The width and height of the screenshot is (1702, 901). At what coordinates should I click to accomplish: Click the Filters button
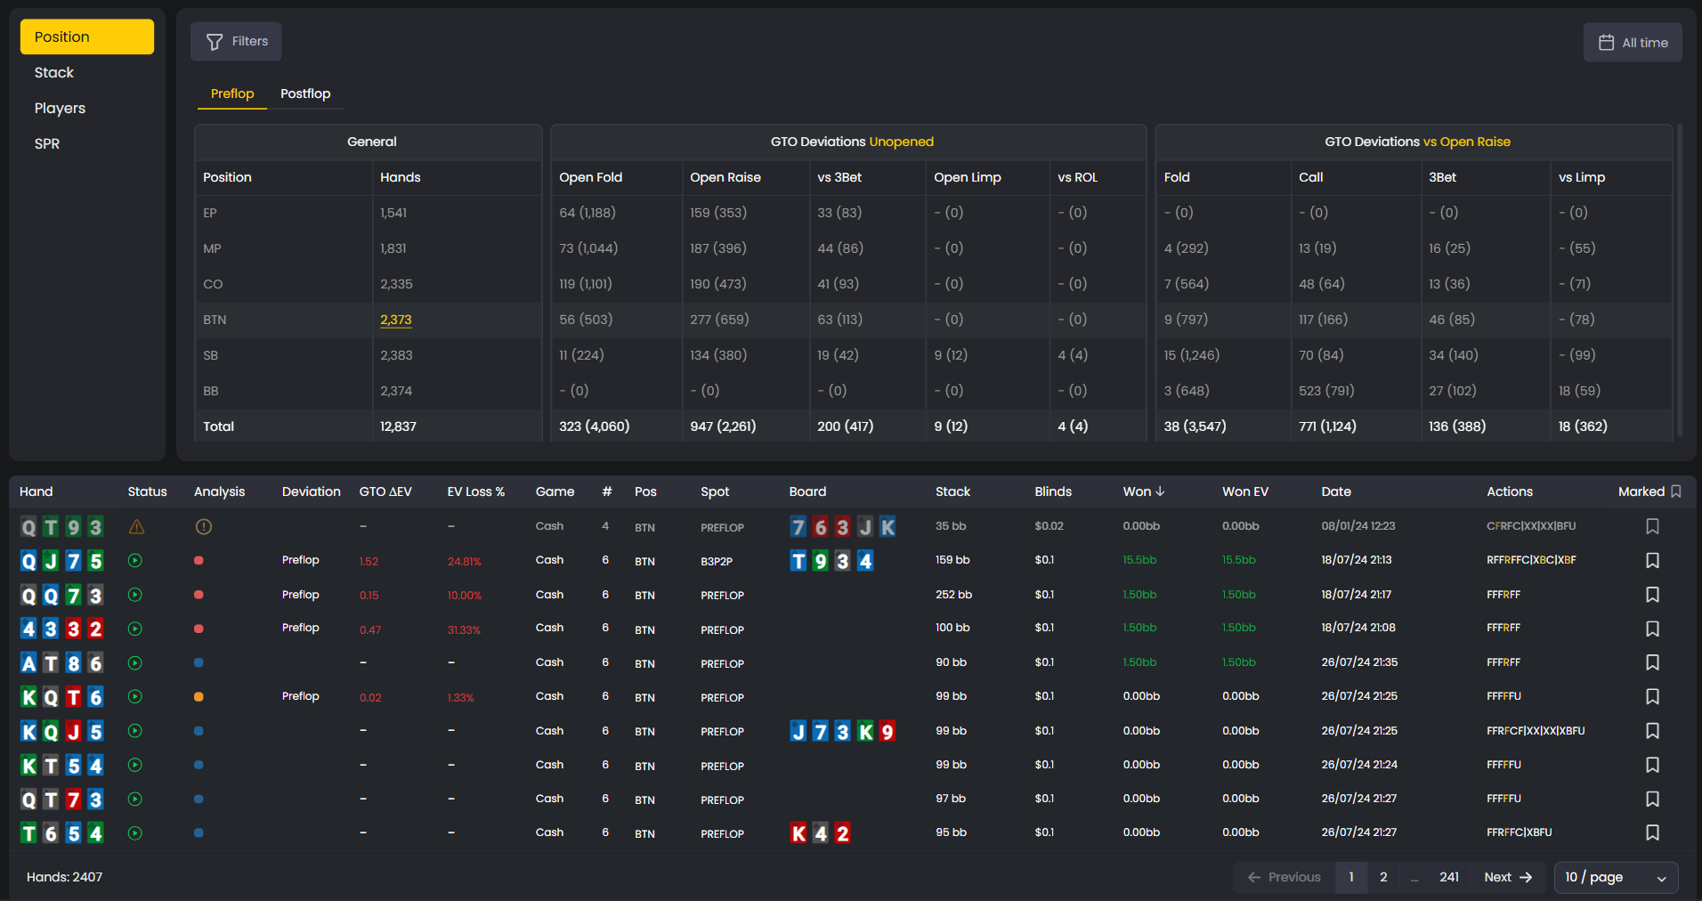pyautogui.click(x=236, y=42)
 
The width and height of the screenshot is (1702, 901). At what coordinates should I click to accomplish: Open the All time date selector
pyautogui.click(x=1632, y=43)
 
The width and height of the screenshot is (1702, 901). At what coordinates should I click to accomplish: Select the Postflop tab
pyautogui.click(x=305, y=93)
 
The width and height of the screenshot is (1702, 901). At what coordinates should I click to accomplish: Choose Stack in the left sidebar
pyautogui.click(x=54, y=73)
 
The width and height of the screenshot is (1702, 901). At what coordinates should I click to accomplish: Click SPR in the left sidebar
pyautogui.click(x=47, y=144)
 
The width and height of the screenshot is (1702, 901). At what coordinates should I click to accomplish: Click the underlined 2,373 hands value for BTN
pyautogui.click(x=396, y=320)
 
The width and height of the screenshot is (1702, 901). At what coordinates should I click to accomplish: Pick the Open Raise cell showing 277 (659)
pyautogui.click(x=719, y=320)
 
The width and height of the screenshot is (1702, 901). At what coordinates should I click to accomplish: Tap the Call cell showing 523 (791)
pyautogui.click(x=1326, y=391)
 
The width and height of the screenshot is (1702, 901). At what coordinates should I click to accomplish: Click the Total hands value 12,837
pyautogui.click(x=398, y=426)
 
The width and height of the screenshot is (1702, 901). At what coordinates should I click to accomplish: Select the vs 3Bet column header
pyautogui.click(x=839, y=177)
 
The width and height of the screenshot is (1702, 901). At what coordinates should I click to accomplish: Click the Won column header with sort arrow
pyautogui.click(x=1144, y=491)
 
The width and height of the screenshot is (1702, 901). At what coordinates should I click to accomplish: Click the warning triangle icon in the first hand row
pyautogui.click(x=136, y=527)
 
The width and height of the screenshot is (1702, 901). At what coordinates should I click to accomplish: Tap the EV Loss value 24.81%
pyautogui.click(x=464, y=562)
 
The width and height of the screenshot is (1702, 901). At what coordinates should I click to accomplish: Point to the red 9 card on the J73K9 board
pyautogui.click(x=887, y=732)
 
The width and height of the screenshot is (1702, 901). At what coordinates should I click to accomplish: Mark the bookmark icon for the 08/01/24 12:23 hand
pyautogui.click(x=1652, y=527)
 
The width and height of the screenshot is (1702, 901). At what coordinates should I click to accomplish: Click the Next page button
pyautogui.click(x=1508, y=877)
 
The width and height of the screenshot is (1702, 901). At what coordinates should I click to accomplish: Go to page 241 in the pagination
pyautogui.click(x=1449, y=877)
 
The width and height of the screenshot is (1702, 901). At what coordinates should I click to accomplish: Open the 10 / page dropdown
pyautogui.click(x=1616, y=877)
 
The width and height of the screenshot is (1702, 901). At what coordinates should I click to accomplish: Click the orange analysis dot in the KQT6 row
pyautogui.click(x=199, y=697)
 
